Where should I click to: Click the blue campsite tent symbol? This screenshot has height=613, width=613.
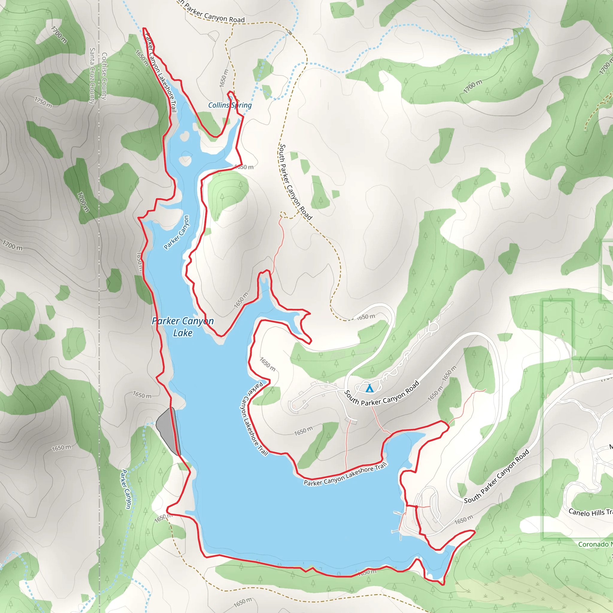[x=369, y=388]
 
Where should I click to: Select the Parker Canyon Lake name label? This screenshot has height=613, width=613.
[x=183, y=327]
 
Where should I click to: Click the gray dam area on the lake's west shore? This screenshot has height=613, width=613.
[x=168, y=430]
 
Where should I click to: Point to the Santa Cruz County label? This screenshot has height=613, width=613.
[x=92, y=76]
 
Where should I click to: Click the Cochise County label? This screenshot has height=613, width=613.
[x=104, y=76]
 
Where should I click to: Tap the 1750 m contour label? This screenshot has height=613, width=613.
[x=43, y=102]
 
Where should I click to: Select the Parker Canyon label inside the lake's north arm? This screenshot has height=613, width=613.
[x=176, y=233]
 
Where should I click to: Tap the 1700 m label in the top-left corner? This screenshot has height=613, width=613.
[x=59, y=35]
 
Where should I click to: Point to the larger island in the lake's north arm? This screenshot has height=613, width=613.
[x=186, y=160]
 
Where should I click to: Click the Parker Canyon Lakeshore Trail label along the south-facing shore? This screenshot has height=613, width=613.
[x=345, y=474]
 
